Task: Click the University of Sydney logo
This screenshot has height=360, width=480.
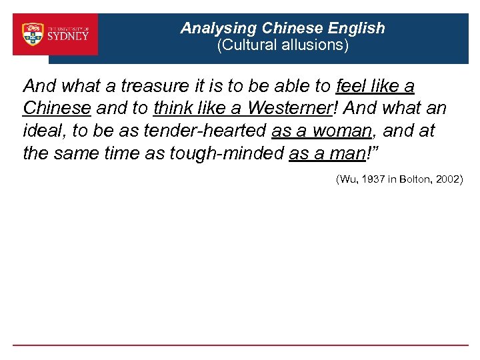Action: pyautogui.click(x=55, y=34)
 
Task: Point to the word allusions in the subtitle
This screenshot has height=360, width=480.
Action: pyautogui.click(x=313, y=45)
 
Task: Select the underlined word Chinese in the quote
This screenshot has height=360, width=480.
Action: pyautogui.click(x=56, y=108)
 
